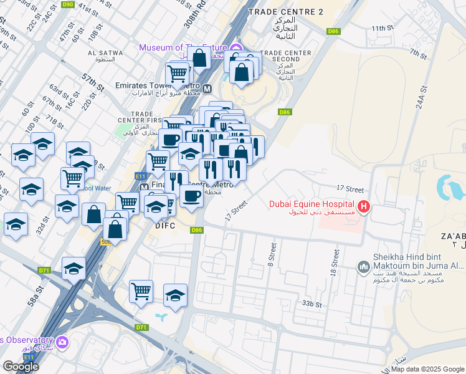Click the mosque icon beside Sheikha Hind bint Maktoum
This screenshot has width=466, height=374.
coord(364,267)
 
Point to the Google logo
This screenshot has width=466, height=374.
coord(20,367)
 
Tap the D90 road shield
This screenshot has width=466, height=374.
coord(68,4)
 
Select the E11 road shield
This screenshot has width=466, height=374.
coord(141,176)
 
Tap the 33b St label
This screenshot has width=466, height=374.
coord(311,304)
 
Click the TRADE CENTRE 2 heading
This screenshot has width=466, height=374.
coord(286,12)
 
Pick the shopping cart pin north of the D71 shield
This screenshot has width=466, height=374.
coord(141,290)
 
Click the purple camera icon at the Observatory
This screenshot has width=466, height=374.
coord(62,342)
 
